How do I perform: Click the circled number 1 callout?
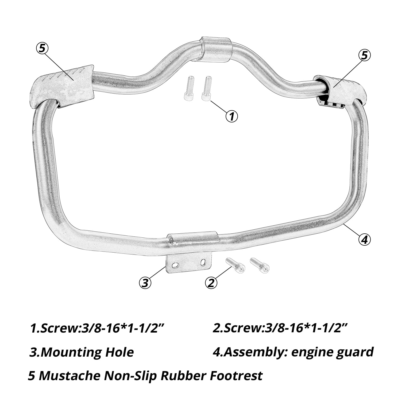232,116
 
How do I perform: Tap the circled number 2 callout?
211,282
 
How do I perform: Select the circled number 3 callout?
145,282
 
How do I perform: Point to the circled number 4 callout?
364,239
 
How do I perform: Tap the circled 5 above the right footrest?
364,55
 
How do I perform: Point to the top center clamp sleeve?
217,49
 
